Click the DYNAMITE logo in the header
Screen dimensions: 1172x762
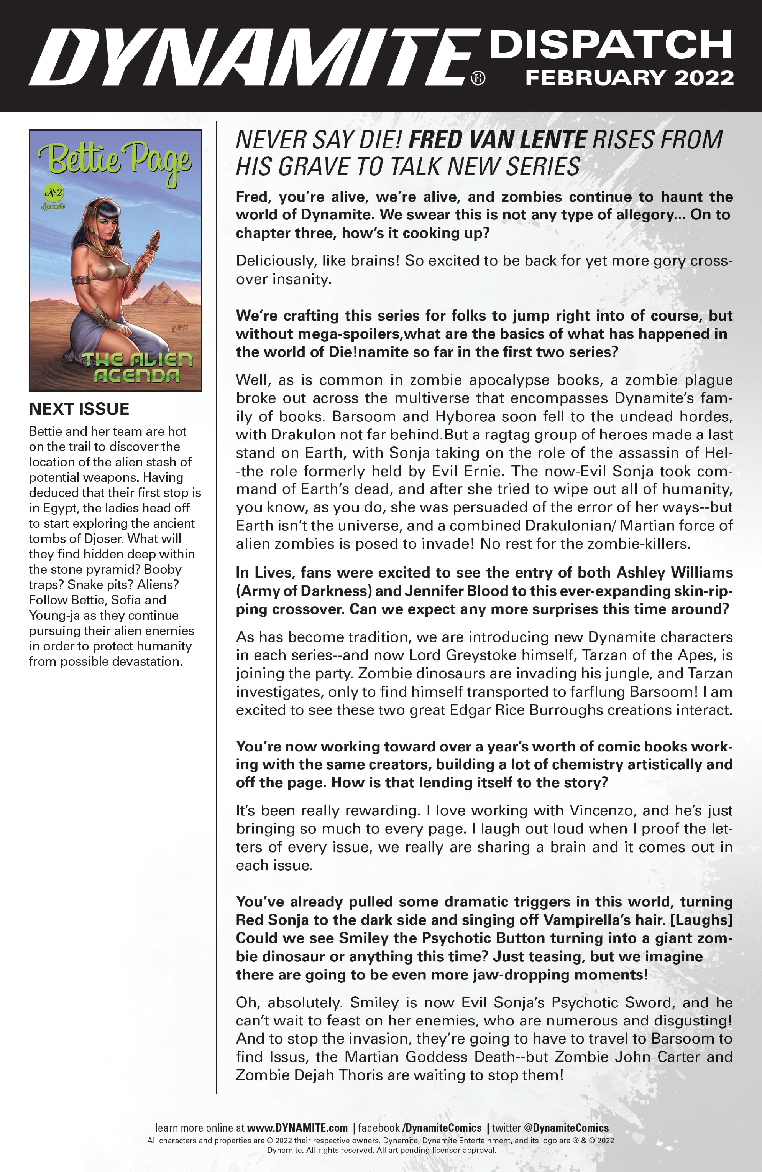(x=253, y=57)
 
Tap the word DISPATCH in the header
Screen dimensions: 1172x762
(x=610, y=44)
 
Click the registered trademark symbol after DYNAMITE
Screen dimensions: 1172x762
(x=478, y=78)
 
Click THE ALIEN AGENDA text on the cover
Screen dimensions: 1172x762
(x=136, y=367)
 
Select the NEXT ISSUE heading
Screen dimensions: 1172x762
(x=79, y=409)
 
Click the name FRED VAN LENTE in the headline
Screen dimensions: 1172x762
(x=497, y=140)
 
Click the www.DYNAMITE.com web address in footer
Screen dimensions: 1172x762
(x=297, y=1128)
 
